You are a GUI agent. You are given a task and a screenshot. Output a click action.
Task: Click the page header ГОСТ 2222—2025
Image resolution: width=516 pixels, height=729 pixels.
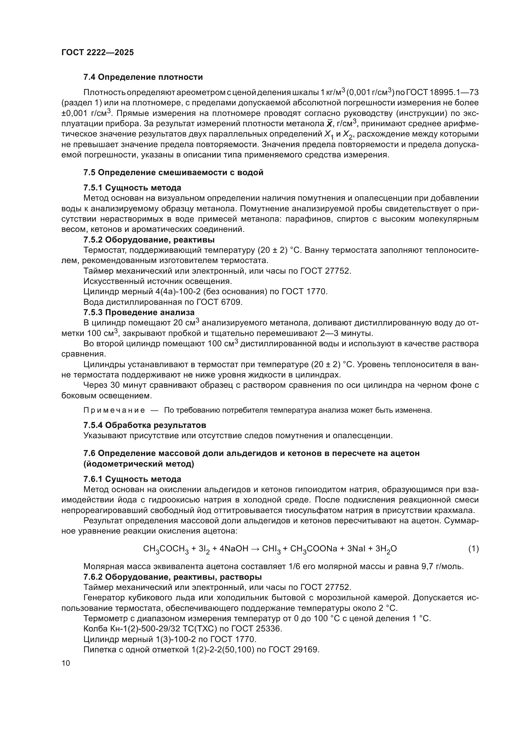(x=98, y=53)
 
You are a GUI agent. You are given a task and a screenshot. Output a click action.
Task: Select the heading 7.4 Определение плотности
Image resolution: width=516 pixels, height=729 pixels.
(x=143, y=77)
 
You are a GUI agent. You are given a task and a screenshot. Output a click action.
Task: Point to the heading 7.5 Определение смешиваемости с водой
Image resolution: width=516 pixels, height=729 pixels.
(x=173, y=172)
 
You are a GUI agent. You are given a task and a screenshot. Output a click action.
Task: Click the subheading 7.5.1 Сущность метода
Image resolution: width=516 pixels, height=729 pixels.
(x=132, y=188)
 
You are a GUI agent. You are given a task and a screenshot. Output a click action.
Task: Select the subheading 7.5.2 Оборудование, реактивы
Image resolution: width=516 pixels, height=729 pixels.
(x=149, y=239)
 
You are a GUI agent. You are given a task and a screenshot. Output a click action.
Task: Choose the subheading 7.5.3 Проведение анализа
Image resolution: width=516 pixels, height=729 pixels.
(x=139, y=312)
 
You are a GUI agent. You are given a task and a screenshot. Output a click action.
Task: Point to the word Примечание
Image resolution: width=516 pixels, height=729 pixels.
(x=114, y=410)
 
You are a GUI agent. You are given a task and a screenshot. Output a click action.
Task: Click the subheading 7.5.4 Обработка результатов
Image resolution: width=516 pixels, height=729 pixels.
(x=144, y=425)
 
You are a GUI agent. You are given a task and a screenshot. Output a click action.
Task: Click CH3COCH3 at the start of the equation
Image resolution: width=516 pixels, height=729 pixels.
(x=166, y=549)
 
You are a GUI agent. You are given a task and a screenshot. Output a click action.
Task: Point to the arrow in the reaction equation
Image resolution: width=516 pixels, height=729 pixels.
(x=255, y=548)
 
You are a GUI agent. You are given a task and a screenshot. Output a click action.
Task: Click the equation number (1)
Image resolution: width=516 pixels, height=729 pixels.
(x=474, y=548)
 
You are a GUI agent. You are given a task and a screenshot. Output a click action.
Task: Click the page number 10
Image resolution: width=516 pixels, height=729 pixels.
(x=66, y=663)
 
